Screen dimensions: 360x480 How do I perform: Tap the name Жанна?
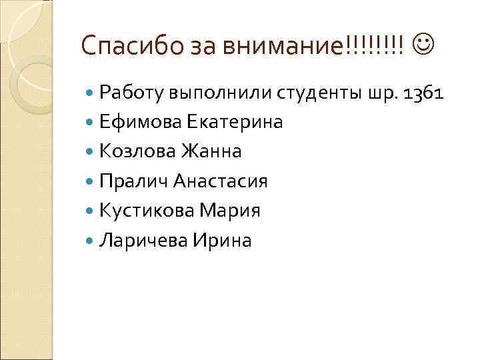pyautogui.click(x=210, y=152)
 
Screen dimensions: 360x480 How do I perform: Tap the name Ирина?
pyautogui.click(x=222, y=240)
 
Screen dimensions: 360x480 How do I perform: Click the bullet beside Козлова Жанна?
pyautogui.click(x=91, y=152)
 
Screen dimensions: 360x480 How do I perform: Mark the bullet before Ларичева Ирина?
pyautogui.click(x=91, y=240)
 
